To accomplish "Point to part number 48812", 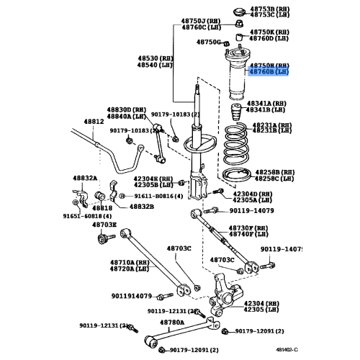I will point(73,122).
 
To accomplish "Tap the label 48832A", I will point(85,178).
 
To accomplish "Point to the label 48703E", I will point(104,224).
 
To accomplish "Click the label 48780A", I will point(171,323).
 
